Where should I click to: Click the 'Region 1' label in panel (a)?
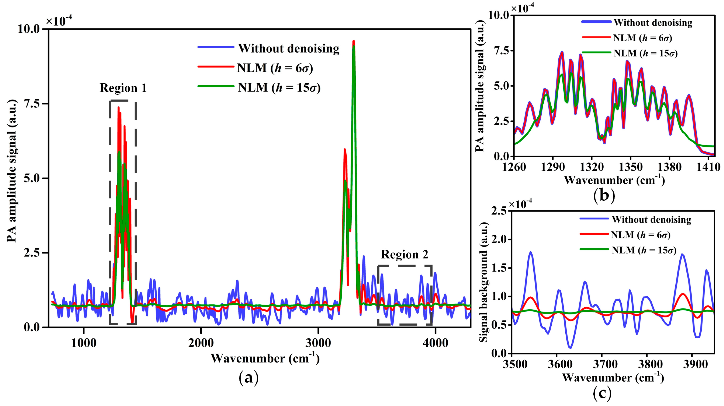tap(123, 88)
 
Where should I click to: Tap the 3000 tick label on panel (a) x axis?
tap(318, 343)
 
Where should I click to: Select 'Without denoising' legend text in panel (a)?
tap(289, 49)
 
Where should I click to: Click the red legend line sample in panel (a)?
tap(215, 67)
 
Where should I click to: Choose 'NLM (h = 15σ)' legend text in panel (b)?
tap(645, 53)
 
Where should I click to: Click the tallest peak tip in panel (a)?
tap(354, 41)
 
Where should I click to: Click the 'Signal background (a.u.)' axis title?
tap(484, 282)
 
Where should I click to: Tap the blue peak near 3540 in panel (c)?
tap(531, 252)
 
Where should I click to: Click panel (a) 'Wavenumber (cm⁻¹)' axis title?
tap(265, 359)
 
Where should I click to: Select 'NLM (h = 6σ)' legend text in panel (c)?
tap(640, 235)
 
